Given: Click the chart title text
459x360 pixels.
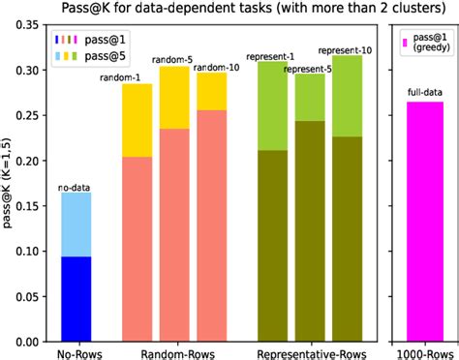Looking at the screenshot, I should (229, 11).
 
